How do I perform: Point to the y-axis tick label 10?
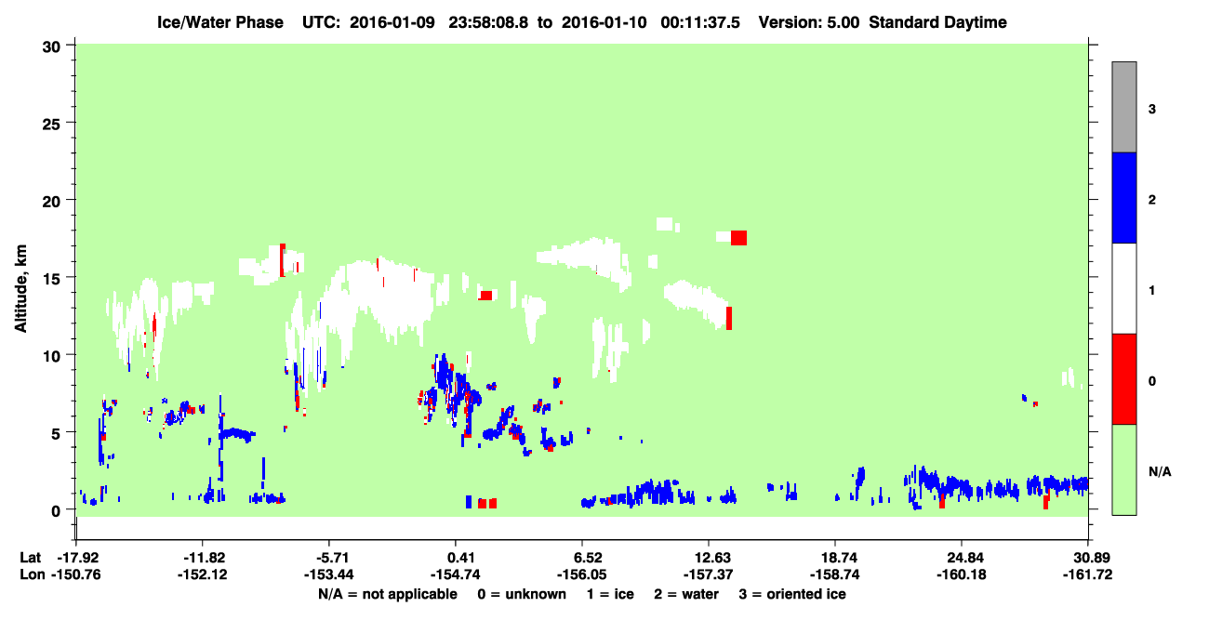coord(51,356)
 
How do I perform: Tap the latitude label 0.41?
coord(455,558)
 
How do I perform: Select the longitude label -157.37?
coord(708,574)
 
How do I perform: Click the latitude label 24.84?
coord(962,558)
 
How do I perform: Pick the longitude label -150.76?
coord(75,574)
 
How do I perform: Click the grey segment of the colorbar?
coord(1123,107)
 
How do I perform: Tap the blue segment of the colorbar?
coord(1123,197)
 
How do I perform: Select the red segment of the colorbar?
coord(1123,379)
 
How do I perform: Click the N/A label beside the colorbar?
coord(1160,472)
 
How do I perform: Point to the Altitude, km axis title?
coord(20,289)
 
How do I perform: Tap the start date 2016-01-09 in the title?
coord(392,22)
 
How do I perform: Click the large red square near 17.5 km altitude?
coord(739,238)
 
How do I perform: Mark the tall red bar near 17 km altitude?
coord(283,260)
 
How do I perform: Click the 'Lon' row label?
coord(32,574)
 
